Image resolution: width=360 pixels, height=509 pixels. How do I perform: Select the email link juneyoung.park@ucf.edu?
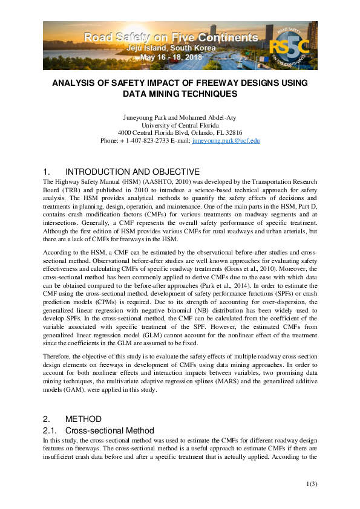point(226,140)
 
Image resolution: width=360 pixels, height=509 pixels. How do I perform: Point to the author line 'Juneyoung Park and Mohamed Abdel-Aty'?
point(180,117)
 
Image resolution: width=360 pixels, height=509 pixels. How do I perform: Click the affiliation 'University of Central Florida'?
point(180,125)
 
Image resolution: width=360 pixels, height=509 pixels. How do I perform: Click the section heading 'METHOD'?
point(83,419)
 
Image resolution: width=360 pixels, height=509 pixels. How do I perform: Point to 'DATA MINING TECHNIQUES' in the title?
point(180,94)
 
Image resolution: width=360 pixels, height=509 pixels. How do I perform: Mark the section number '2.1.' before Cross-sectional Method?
point(50,430)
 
